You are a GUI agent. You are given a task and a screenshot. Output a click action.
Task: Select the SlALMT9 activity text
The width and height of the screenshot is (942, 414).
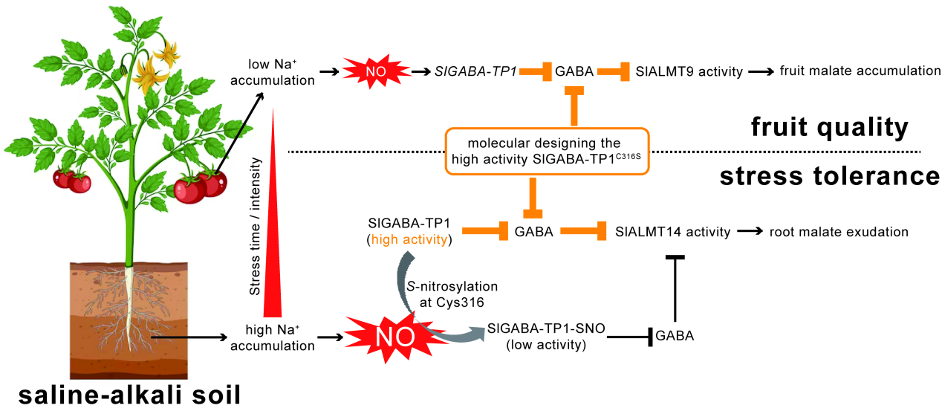click(x=689, y=71)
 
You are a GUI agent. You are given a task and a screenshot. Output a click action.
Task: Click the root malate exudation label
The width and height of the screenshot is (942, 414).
click(x=839, y=231)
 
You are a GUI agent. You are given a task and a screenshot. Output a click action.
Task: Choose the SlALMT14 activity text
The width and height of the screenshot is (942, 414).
click(x=673, y=231)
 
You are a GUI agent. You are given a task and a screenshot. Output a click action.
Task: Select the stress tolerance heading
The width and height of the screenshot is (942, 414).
click(x=826, y=177)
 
